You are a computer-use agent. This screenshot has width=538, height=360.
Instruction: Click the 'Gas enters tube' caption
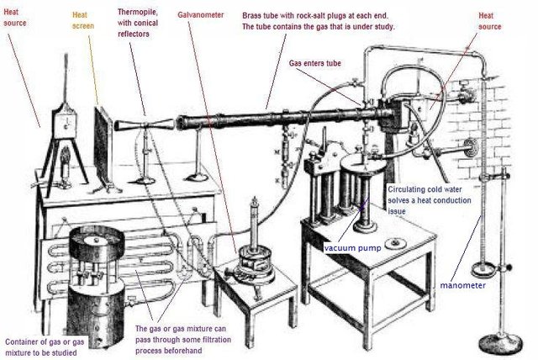[316, 62]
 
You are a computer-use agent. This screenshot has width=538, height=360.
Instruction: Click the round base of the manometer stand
[502, 342]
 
